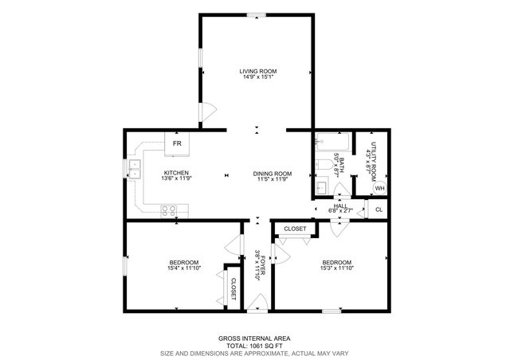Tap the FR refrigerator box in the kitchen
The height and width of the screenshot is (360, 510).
[177, 143]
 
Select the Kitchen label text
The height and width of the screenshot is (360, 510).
[175, 176]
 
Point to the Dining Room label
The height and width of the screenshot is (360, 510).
[272, 176]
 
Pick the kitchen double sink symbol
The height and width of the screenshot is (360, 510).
[134, 169]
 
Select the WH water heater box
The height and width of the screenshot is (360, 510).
[379, 188]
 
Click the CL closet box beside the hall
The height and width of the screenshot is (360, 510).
[379, 210]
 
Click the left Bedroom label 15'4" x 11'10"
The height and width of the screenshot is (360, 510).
[183, 266]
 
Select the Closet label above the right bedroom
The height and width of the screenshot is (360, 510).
[295, 229]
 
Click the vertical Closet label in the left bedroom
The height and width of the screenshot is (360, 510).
[233, 288]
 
